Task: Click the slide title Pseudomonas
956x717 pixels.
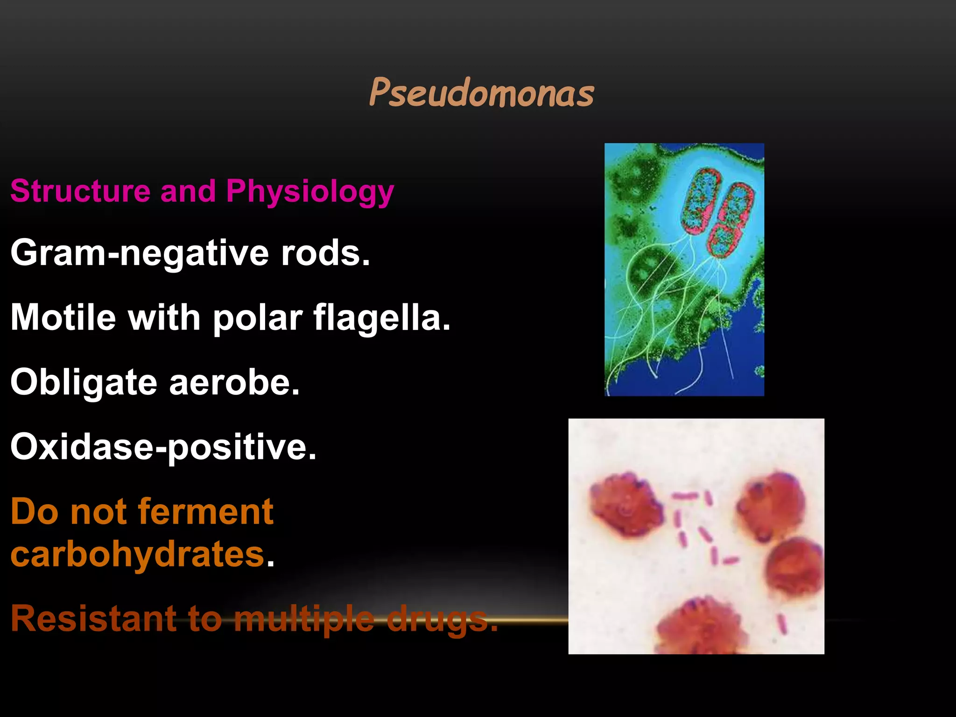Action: click(x=481, y=92)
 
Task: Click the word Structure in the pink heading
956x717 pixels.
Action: click(x=80, y=191)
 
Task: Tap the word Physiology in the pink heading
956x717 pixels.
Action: click(x=310, y=192)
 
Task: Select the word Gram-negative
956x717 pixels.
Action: click(x=140, y=253)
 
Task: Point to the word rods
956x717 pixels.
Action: click(x=325, y=253)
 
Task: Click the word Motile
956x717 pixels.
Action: click(x=63, y=317)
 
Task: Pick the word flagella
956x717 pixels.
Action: click(x=381, y=317)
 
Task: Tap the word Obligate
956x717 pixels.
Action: click(x=84, y=382)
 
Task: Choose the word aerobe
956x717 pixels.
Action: click(x=234, y=382)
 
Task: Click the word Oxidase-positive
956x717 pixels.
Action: click(x=163, y=447)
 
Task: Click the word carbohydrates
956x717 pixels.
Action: click(x=138, y=554)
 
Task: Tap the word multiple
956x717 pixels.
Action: click(x=304, y=619)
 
